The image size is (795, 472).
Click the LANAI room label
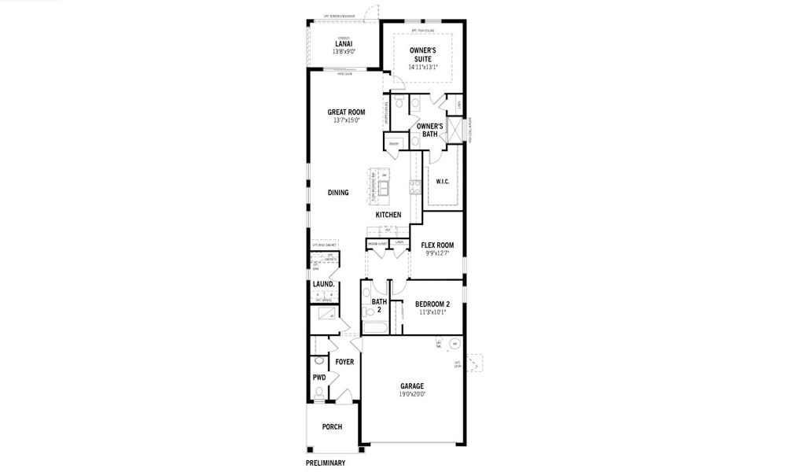tap(344, 44)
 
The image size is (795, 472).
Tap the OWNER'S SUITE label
tap(423, 53)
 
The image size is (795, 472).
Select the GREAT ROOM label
tap(346, 112)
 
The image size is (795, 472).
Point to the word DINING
tap(338, 192)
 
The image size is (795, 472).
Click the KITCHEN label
tap(388, 215)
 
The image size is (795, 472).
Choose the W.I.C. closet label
tap(442, 182)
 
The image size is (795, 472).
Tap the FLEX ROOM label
tap(437, 245)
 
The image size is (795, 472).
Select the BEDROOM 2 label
tap(432, 304)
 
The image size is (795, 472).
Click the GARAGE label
tap(411, 385)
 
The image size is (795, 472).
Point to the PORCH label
tap(332, 426)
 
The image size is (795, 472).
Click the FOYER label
tap(344, 362)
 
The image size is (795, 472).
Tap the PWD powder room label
tap(318, 378)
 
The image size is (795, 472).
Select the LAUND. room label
tap(324, 284)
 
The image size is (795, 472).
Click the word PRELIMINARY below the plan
tap(326, 463)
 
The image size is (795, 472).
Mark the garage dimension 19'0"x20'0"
tap(411, 394)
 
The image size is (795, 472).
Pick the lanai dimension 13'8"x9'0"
tap(344, 52)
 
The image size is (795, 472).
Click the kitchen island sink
tap(385, 186)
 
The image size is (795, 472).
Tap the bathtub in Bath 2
tap(376, 326)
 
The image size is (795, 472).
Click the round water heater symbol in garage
tap(454, 344)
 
